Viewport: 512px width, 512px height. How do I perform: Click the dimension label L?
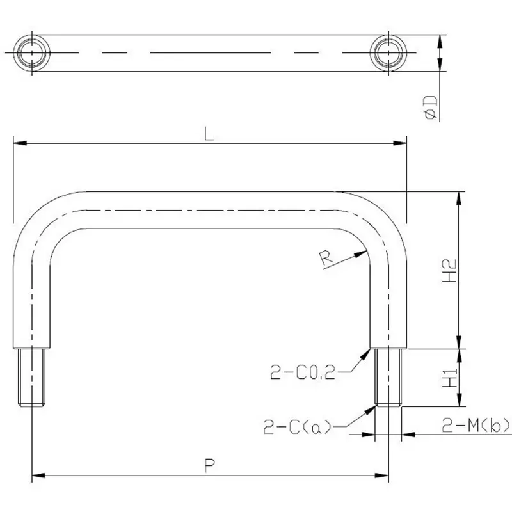[x=208, y=134]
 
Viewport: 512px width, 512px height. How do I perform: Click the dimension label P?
[x=209, y=466]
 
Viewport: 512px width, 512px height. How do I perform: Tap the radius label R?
[x=325, y=259]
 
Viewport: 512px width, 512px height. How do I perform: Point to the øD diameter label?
[x=430, y=106]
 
